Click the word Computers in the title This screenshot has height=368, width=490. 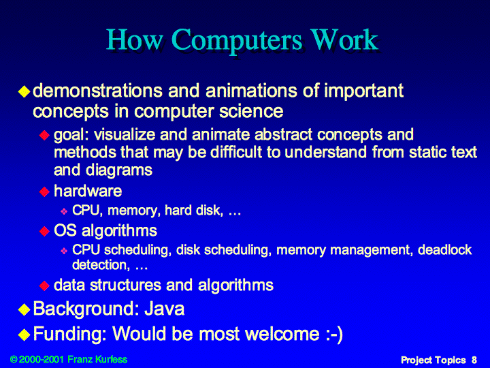click(x=237, y=41)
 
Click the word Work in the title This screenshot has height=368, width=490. click(x=344, y=40)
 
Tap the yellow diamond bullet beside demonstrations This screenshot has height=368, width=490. click(x=24, y=91)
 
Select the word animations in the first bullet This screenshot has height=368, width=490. click(x=251, y=91)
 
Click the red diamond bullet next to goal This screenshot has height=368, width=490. click(x=44, y=136)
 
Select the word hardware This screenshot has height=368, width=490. click(x=88, y=191)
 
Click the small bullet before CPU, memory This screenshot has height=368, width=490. click(x=64, y=211)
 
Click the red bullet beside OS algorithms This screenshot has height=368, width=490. click(x=44, y=231)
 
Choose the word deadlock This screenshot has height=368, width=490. click(x=444, y=249)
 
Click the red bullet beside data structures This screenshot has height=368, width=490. click(x=44, y=286)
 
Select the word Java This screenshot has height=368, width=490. click(x=165, y=309)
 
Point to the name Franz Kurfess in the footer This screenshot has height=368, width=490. click(x=97, y=359)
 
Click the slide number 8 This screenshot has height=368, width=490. click(x=474, y=360)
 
